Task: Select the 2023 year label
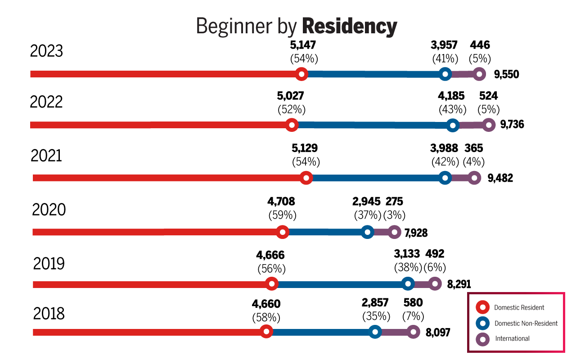46,51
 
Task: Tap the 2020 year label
49,210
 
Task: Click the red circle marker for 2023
302,74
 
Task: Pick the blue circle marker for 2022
453,126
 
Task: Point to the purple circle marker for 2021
474,178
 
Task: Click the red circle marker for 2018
266,332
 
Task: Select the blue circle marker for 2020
368,232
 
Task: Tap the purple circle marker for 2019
434,284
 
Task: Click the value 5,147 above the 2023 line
303,45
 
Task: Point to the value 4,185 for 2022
452,96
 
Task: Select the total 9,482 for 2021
500,178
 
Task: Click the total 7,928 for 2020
416,233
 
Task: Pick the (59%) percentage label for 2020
282,215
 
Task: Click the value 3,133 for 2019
407,255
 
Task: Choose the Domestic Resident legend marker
483,308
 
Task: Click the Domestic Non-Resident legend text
526,323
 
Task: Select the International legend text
512,338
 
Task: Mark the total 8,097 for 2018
438,333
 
